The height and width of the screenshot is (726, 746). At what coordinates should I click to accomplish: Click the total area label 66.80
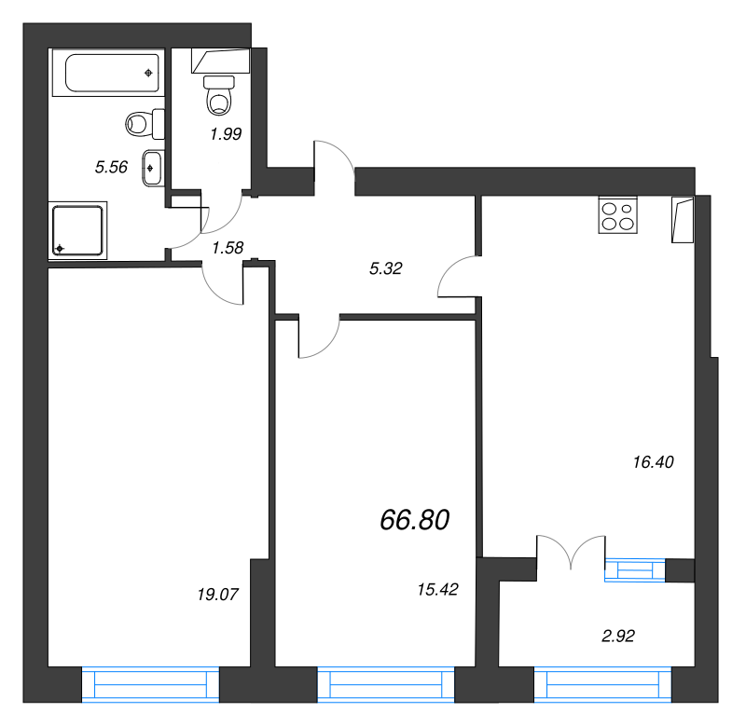coord(414,520)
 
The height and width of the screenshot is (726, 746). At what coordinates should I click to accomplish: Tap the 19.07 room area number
coord(217,595)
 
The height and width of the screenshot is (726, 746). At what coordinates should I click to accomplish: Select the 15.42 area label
coord(437,590)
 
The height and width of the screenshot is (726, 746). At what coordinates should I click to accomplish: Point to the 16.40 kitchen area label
coord(654,461)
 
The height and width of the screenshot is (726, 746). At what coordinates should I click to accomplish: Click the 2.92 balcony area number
coord(618,636)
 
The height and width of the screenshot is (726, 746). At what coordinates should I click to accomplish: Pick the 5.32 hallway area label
coord(386,268)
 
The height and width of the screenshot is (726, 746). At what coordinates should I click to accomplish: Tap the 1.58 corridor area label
coord(228,248)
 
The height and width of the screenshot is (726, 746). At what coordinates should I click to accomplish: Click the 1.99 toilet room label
coord(226,134)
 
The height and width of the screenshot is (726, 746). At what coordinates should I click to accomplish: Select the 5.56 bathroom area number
coord(111,167)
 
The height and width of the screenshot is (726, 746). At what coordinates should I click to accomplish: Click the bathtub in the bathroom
coord(108,73)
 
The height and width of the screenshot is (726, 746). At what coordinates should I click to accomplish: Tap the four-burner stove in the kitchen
coord(617,215)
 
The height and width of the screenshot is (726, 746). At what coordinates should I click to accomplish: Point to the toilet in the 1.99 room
coord(219,95)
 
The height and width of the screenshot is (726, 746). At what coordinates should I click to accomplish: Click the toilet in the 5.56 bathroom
coord(145,124)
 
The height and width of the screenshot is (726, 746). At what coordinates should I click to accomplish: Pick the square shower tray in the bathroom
coord(77,230)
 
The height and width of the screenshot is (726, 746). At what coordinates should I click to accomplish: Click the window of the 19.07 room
coord(150,684)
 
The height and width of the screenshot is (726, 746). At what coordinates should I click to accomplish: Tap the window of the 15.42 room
coord(386,684)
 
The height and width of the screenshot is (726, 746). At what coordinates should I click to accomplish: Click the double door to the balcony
coord(571,552)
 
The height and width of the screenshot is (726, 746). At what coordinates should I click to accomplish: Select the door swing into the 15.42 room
coord(319,336)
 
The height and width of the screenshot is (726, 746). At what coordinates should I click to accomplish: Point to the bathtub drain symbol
coord(148,73)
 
